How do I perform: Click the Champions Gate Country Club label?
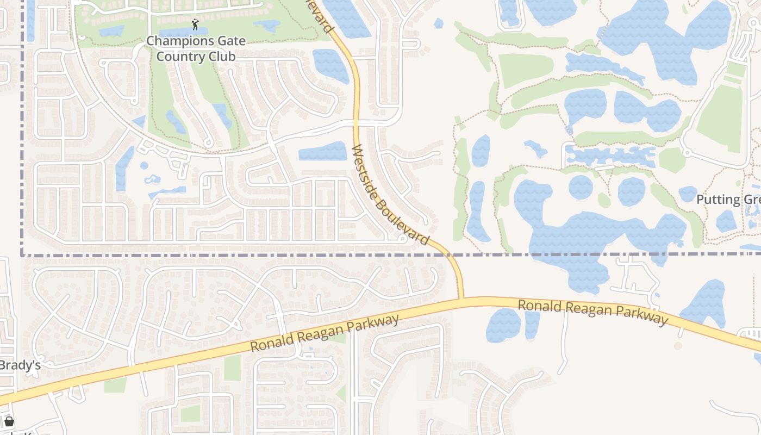196,48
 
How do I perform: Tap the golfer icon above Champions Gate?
196,24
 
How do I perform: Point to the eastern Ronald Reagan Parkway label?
592,312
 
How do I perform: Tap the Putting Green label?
728,200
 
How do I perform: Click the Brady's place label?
20,365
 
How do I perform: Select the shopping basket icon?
9,421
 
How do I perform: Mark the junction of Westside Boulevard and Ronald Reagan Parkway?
461,299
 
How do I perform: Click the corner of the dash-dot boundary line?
22,254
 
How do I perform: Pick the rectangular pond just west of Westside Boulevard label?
323,151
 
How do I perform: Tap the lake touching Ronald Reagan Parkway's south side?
503,325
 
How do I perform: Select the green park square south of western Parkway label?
232,368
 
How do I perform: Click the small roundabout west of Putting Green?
687,153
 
